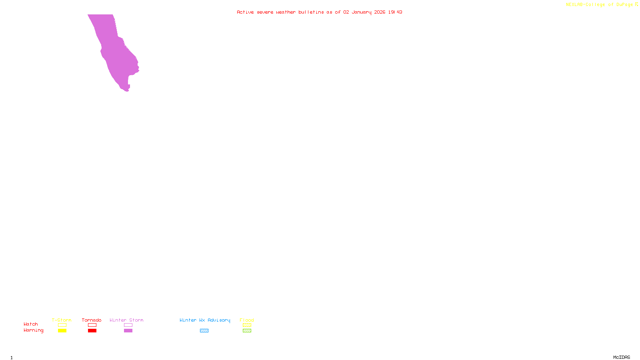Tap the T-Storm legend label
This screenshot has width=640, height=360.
[62, 320]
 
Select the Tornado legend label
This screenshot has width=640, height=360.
[92, 320]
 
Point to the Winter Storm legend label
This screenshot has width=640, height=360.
[126, 320]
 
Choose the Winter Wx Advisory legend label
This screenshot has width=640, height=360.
[205, 320]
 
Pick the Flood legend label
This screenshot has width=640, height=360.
[247, 320]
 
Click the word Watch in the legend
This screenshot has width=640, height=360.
[31, 324]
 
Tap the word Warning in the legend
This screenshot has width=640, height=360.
[34, 330]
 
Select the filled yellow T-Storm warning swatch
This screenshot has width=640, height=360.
[62, 331]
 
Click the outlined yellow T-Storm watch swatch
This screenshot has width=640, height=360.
[62, 325]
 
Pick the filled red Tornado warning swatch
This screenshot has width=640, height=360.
[92, 331]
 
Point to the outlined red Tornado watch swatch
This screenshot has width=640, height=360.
[92, 325]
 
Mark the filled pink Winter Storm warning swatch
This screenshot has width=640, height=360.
[128, 331]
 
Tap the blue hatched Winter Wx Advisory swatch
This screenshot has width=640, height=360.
[204, 331]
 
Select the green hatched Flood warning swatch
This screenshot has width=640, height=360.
[247, 331]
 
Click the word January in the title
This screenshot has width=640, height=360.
[362, 12]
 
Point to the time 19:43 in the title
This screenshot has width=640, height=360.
[395, 12]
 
